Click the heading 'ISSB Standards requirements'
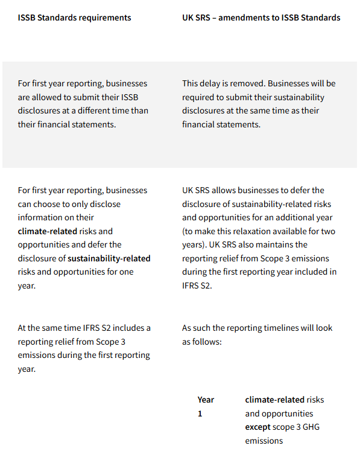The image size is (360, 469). (74, 18)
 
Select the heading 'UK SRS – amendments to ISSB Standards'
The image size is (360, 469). (261, 18)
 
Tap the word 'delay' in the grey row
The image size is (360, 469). (212, 83)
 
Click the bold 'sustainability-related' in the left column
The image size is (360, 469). (109, 258)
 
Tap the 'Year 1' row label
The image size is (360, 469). (205, 406)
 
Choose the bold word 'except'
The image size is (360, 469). (258, 427)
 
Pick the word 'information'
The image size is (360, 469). (40, 217)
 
